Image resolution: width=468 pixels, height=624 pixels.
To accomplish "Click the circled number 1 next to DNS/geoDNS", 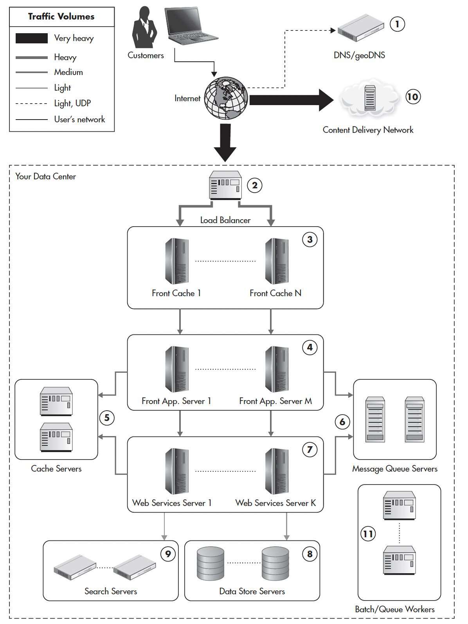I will [x=397, y=24].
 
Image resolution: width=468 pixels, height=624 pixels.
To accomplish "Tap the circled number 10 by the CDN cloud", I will [x=412, y=97].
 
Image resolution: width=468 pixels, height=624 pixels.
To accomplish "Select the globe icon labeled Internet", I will [x=226, y=98].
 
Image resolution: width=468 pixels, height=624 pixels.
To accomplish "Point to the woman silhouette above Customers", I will [x=144, y=28].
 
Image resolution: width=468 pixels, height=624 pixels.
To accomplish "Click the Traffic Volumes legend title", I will [x=61, y=16].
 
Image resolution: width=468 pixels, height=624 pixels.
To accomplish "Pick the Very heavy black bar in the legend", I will [x=32, y=38].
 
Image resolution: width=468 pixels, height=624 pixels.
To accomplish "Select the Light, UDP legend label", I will [x=72, y=103].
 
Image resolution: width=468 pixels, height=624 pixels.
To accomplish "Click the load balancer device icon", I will [x=225, y=185].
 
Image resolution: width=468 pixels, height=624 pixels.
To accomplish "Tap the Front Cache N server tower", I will [x=277, y=261].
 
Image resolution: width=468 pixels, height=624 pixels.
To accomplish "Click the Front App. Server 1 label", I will [x=176, y=401].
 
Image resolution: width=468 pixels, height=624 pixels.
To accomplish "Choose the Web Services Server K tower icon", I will [x=277, y=471].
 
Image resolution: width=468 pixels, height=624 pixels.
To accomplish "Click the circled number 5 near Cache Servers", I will [x=107, y=418].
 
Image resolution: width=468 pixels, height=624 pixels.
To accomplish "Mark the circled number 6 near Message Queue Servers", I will [x=342, y=422].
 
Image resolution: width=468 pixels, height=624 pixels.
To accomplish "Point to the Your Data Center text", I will [x=45, y=177].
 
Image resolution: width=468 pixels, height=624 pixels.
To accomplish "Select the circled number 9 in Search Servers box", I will [x=168, y=554].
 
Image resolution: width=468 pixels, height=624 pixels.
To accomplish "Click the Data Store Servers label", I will [x=252, y=592].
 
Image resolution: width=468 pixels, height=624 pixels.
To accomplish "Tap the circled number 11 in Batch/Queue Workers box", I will [x=368, y=534].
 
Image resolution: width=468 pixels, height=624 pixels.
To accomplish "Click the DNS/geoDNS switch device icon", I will [x=360, y=28].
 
